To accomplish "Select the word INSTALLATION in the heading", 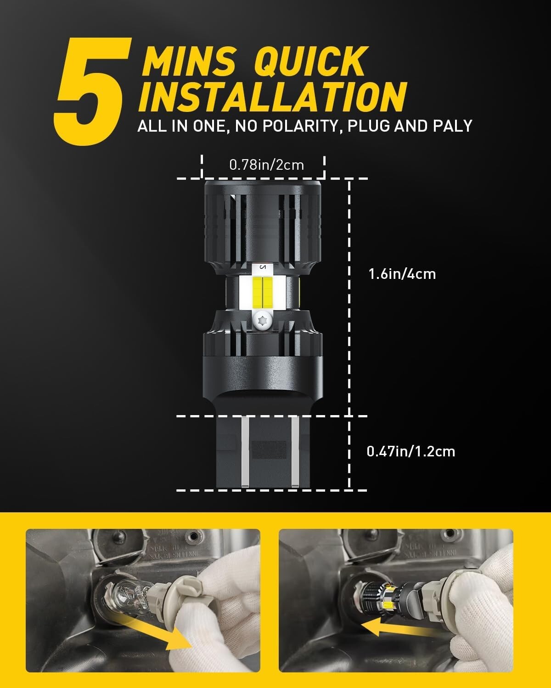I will pos(272,97).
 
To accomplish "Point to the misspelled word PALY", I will pos(452,126).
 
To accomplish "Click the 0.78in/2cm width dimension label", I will pos(266,164).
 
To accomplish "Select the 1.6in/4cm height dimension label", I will pos(402,274).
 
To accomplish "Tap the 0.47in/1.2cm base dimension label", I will pos(410,451).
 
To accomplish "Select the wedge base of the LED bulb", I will pos(263,452).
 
